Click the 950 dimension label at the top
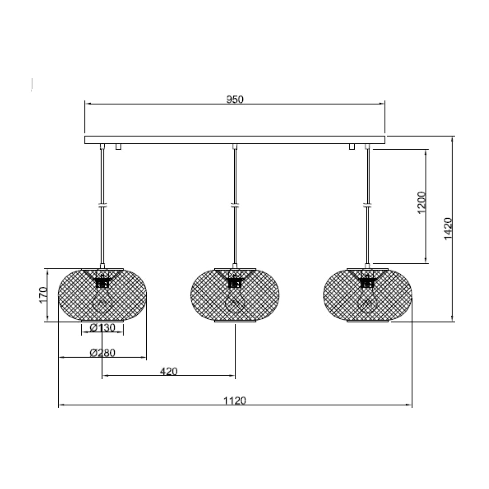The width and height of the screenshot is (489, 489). tap(235, 100)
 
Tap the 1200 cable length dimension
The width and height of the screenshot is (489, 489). tap(421, 202)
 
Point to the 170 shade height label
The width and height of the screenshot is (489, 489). tap(43, 295)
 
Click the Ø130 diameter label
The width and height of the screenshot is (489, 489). tap(102, 328)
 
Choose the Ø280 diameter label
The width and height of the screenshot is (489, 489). tap(102, 353)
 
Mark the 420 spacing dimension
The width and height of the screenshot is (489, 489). tap(168, 371)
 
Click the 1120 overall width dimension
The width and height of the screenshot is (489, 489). tap(235, 400)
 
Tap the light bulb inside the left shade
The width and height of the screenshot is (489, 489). tap(103, 302)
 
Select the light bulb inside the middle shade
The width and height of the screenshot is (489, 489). tap(235, 302)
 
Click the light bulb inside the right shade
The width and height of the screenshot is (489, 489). tap(367, 302)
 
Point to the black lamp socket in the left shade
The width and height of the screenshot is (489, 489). tap(103, 282)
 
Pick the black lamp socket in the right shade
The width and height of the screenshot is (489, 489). tap(367, 282)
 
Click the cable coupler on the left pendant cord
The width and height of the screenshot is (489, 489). tap(103, 205)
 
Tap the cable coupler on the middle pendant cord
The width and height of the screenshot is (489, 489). tap(235, 205)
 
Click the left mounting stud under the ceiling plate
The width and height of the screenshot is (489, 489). tap(118, 147)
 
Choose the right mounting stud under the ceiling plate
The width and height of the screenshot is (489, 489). tap(352, 147)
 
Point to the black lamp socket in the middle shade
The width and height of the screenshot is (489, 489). tap(235, 282)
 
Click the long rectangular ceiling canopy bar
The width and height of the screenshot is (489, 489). tap(235, 140)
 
